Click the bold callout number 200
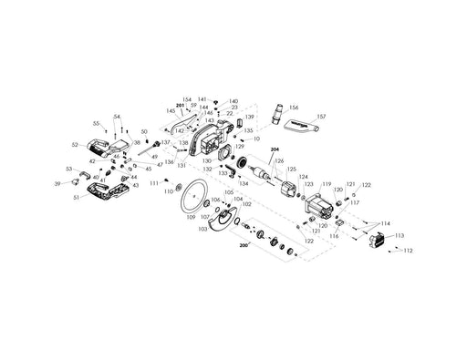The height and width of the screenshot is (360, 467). pyautogui.click(x=244, y=246)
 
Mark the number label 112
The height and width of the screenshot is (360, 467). pyautogui.click(x=408, y=251)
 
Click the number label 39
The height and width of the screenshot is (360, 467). pyautogui.click(x=57, y=183)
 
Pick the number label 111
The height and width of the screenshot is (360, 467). pyautogui.click(x=154, y=184)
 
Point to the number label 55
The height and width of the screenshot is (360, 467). pyautogui.click(x=97, y=122)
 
